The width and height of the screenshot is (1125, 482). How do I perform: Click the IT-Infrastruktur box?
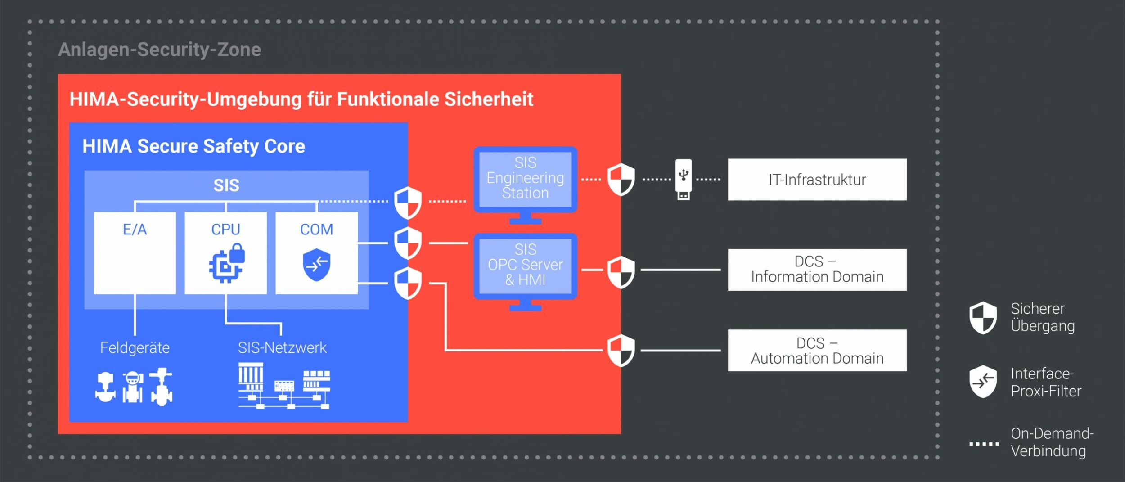[x=817, y=180]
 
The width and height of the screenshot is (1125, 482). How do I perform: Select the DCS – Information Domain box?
[x=817, y=270]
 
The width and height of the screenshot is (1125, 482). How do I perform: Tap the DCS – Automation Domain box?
[x=817, y=350]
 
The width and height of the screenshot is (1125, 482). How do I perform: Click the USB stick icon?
[x=683, y=179]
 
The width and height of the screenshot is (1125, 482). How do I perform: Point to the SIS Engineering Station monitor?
[x=525, y=180]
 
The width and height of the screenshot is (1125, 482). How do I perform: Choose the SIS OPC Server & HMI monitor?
[x=525, y=266]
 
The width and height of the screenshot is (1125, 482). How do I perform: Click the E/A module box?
[x=135, y=253]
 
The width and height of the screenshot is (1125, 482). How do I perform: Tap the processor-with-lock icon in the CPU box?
[x=227, y=263]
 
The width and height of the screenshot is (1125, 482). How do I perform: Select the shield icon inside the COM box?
[x=316, y=265]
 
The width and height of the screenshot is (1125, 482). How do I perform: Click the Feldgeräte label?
[x=135, y=347]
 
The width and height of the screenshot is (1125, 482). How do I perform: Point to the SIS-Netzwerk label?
[x=282, y=347]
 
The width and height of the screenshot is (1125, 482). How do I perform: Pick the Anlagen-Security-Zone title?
[x=159, y=50]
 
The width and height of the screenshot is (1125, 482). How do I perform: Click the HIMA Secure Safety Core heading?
[x=193, y=146]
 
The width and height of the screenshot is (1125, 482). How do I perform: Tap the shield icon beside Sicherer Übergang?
[x=983, y=318]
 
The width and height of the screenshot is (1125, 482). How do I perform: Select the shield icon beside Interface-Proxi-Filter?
[x=983, y=382]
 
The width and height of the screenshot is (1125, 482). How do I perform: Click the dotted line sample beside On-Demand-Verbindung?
[x=984, y=444]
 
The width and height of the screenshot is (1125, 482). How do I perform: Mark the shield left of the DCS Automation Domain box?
[x=621, y=350]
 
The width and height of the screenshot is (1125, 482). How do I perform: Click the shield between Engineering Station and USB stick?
[x=621, y=180]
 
